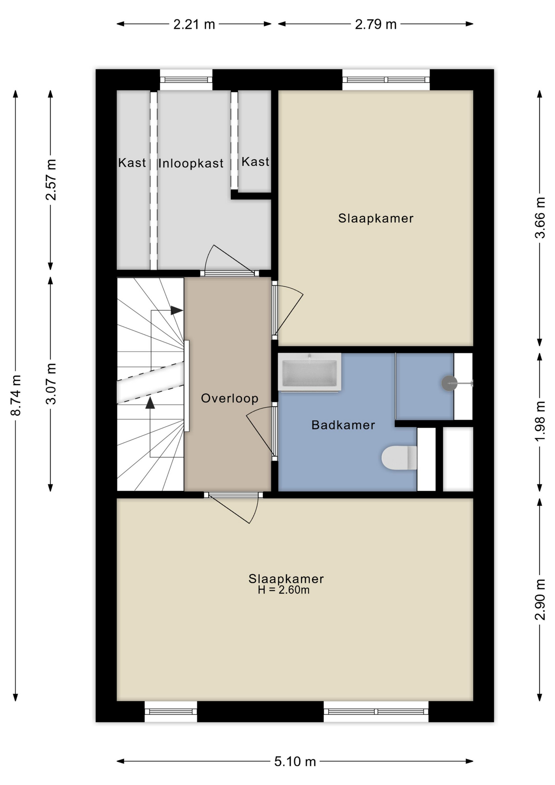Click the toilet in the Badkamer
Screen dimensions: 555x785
point(399,458)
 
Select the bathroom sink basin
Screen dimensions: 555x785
point(309,372)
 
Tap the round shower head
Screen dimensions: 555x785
point(449,383)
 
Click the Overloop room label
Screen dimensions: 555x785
point(230,398)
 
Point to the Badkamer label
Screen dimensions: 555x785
point(343,425)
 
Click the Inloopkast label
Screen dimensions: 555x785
point(191,164)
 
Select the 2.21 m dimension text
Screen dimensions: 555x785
point(194,25)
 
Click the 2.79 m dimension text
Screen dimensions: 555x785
point(376,25)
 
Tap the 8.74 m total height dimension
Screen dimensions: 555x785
point(16,395)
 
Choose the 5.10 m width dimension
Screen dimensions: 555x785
point(295,761)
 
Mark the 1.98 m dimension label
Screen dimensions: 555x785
point(540,421)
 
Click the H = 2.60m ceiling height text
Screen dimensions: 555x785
point(284,590)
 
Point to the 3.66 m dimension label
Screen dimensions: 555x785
point(540,218)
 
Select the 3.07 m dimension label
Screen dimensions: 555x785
point(51,384)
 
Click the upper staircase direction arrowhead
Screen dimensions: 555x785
point(177,310)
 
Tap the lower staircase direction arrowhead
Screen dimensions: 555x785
point(150,403)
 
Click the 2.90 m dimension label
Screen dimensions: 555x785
point(540,599)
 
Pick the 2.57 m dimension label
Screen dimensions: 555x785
point(51,179)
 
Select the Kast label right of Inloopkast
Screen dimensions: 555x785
point(255,162)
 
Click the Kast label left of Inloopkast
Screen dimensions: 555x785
point(132,163)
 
